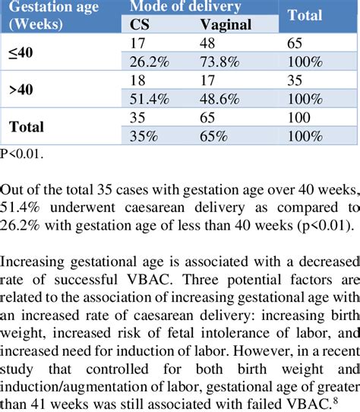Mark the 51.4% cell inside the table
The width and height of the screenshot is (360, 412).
[x=149, y=99]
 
